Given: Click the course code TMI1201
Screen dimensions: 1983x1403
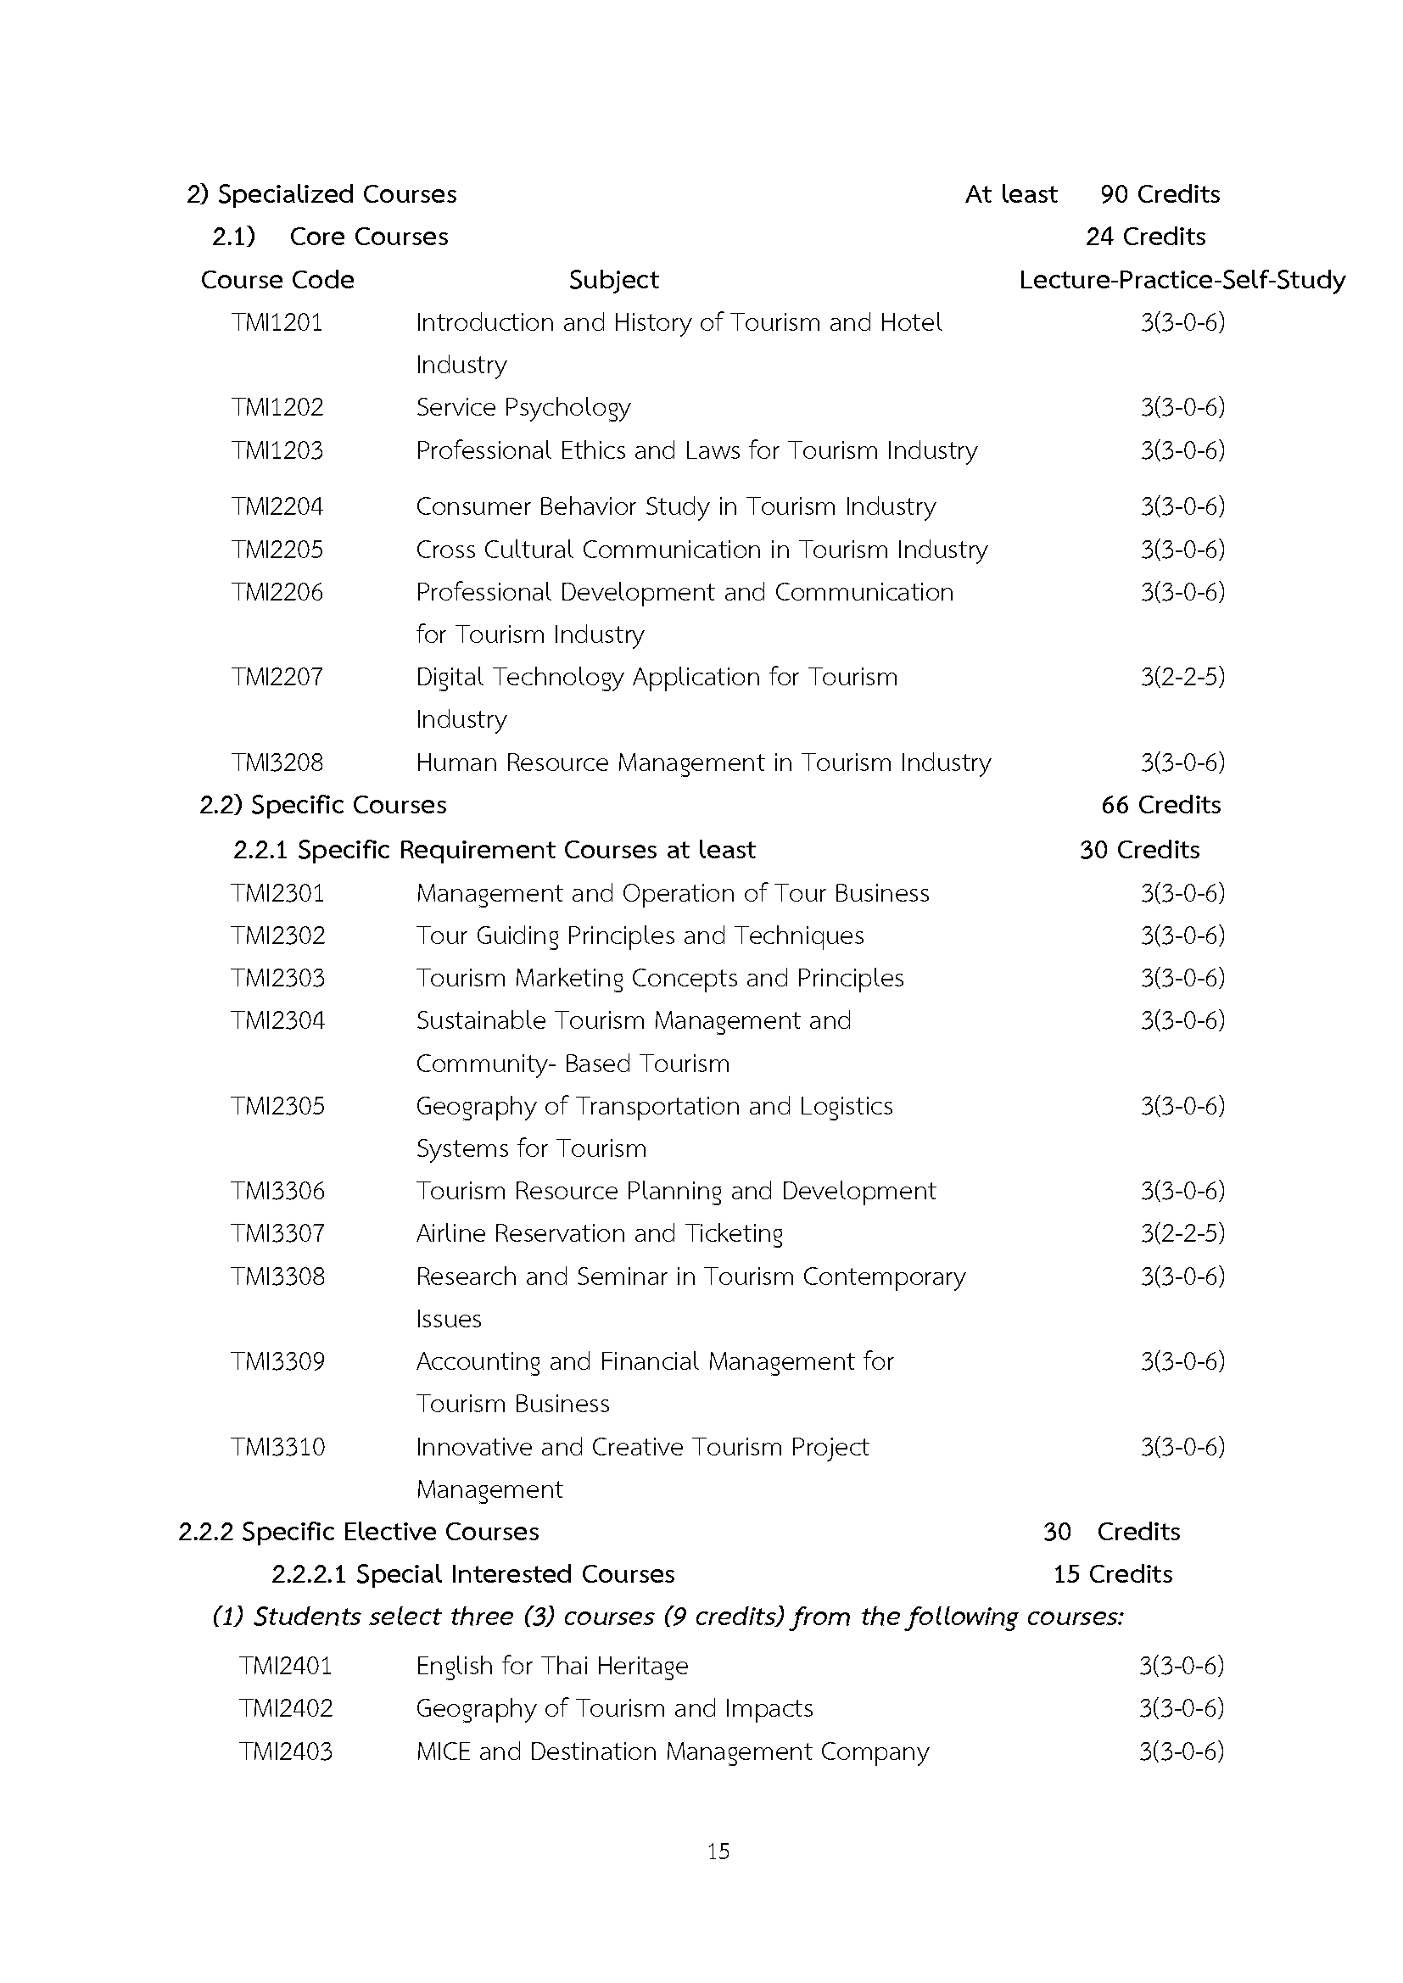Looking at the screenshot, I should (277, 323).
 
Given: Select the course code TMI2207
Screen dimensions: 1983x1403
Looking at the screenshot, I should (277, 677).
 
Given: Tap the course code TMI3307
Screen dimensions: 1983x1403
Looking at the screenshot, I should (277, 1233).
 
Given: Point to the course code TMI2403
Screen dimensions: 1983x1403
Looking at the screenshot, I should (285, 1751).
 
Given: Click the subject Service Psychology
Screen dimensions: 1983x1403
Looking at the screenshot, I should (523, 408).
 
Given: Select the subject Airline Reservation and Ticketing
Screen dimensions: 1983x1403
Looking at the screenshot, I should (600, 1233).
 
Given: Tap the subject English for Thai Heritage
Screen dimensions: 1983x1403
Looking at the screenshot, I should (552, 1666).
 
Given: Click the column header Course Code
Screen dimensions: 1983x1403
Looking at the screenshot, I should (277, 280).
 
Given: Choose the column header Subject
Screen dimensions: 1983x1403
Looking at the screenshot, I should (613, 280).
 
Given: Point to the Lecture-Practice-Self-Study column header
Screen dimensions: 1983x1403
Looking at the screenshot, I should (1182, 280).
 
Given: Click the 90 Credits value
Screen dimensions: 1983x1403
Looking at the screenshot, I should (1160, 194).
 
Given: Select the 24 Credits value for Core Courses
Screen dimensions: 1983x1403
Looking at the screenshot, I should (1144, 237).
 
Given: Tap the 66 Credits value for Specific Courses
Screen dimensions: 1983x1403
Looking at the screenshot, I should (1160, 805).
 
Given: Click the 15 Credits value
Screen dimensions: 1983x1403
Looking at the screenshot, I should (1113, 1574).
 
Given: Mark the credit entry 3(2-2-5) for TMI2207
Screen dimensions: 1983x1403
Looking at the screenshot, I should (1182, 677).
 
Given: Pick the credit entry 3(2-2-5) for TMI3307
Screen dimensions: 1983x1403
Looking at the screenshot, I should (1182, 1233).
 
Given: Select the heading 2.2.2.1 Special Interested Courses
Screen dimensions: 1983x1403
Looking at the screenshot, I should (472, 1574).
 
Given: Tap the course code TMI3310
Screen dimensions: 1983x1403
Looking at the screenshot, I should (277, 1447).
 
